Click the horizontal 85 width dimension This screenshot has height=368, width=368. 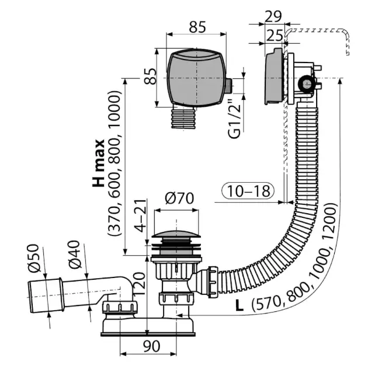click(198, 27)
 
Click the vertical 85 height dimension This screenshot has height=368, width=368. click(150, 77)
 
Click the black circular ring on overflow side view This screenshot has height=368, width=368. click(305, 86)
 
